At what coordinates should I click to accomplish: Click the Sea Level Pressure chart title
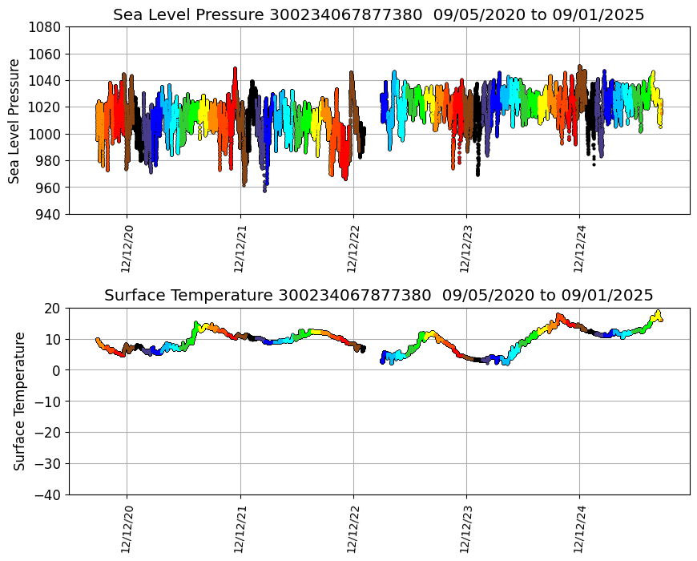click(x=378, y=14)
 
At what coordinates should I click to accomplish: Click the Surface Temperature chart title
click(x=378, y=295)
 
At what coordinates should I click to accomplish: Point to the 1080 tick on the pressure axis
click(x=46, y=26)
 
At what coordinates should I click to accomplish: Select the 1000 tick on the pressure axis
click(x=46, y=134)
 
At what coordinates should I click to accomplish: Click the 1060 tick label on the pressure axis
click(x=46, y=54)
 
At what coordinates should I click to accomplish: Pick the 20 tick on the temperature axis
click(x=54, y=309)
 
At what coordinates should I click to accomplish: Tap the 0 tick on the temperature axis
click(x=57, y=370)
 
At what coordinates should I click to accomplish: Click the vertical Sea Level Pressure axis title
click(x=14, y=120)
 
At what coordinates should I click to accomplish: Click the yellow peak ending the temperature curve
click(x=658, y=312)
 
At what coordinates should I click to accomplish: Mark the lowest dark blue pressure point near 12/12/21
click(x=264, y=190)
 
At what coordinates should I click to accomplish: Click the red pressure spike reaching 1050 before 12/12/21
click(x=235, y=69)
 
